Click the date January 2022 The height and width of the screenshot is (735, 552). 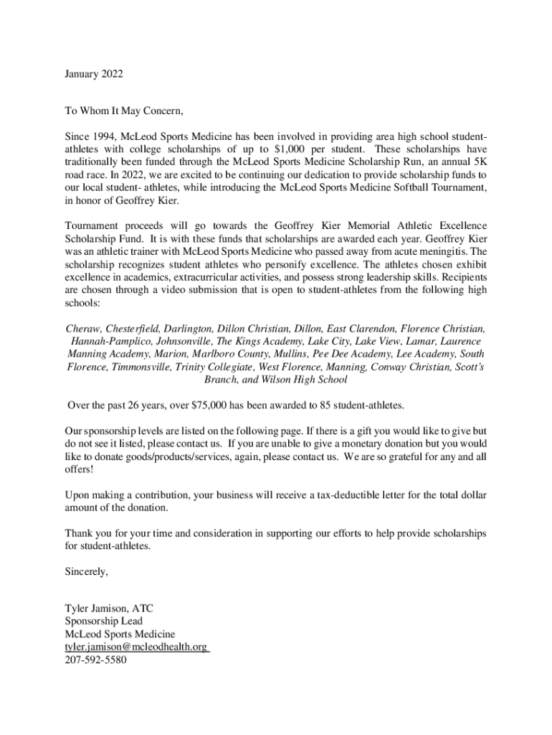pyautogui.click(x=94, y=73)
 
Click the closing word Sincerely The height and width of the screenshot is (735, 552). pyautogui.click(x=86, y=572)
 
